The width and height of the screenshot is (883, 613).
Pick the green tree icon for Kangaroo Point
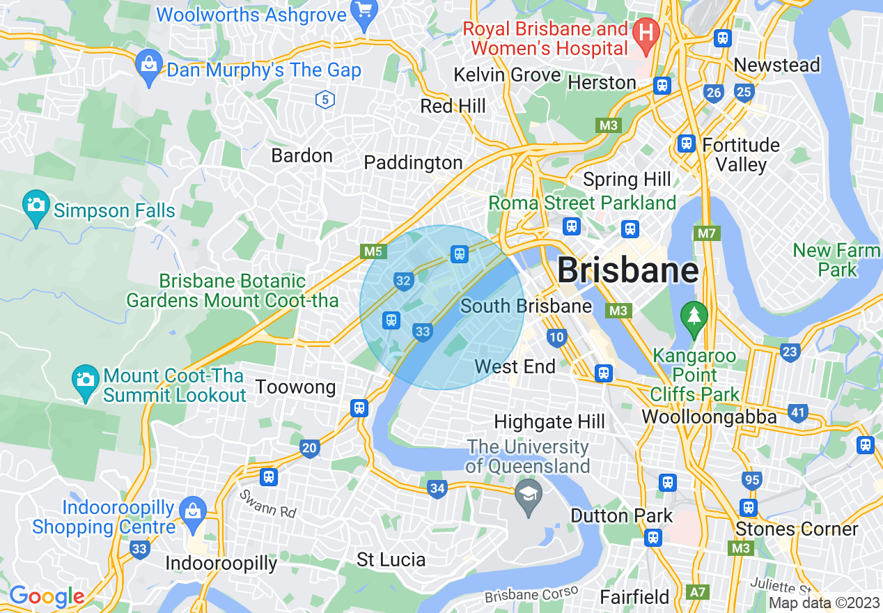pyautogui.click(x=694, y=316)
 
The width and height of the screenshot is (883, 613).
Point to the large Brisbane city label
pyautogui.click(x=628, y=270)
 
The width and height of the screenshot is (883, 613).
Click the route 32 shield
pyautogui.click(x=403, y=281)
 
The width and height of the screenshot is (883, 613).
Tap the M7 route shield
pyautogui.click(x=707, y=233)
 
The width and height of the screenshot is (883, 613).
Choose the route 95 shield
pyautogui.click(x=751, y=480)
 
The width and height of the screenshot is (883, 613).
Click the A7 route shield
pyautogui.click(x=696, y=592)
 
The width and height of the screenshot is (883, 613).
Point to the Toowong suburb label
pyautogui.click(x=295, y=387)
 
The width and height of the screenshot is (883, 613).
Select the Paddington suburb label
pyautogui.click(x=413, y=163)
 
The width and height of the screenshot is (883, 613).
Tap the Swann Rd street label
pyautogui.click(x=267, y=504)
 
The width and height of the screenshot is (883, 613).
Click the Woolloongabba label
pyautogui.click(x=709, y=417)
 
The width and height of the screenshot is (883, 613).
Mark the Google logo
pyautogui.click(x=47, y=596)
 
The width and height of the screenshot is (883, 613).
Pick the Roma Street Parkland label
pyautogui.click(x=582, y=203)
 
